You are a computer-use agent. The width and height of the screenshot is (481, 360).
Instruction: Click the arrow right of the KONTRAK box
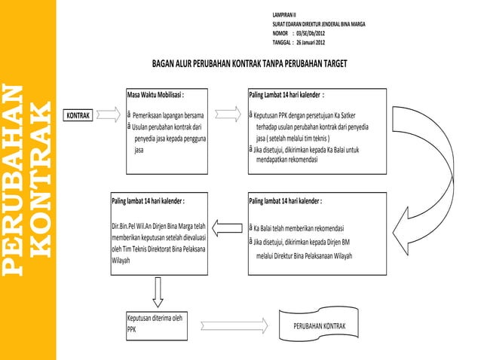pyautogui.click(x=111, y=116)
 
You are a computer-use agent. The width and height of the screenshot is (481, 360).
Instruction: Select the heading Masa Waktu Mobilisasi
pyautogui.click(x=155, y=96)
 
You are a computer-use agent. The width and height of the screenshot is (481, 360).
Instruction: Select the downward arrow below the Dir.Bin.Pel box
pyautogui.click(x=158, y=290)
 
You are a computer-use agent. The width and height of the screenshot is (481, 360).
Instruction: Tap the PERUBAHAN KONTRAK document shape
pyautogui.click(x=320, y=325)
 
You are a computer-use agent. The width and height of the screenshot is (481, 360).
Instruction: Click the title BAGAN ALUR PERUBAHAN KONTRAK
pyautogui.click(x=249, y=63)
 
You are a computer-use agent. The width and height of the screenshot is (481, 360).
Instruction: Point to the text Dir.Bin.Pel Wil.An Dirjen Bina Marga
pyautogui.click(x=158, y=225)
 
